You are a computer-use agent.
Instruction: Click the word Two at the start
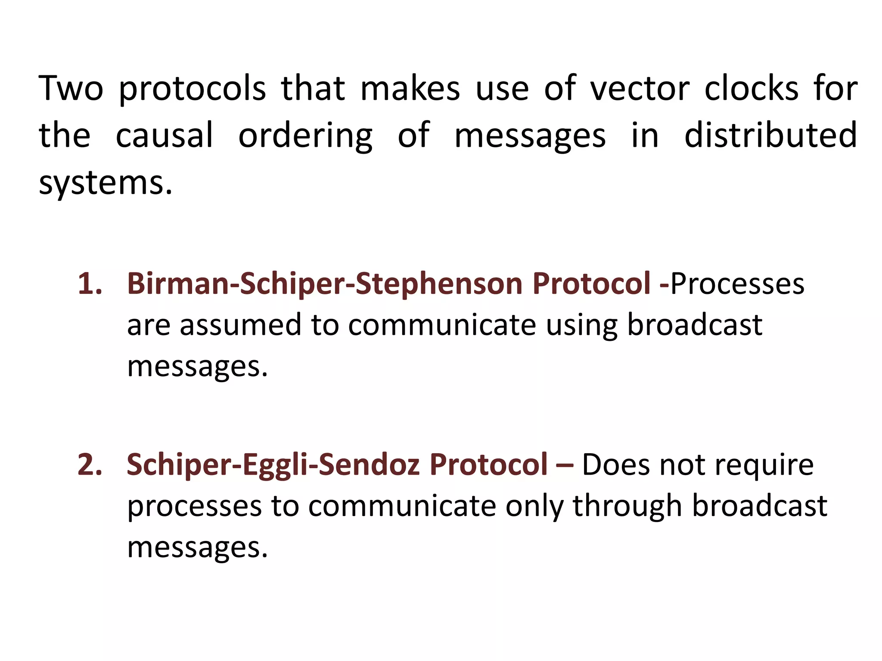[71, 88]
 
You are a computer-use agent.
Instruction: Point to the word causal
[165, 136]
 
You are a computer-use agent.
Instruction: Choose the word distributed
[770, 135]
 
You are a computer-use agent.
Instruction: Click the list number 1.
[90, 284]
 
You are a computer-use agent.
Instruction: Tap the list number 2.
[90, 465]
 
